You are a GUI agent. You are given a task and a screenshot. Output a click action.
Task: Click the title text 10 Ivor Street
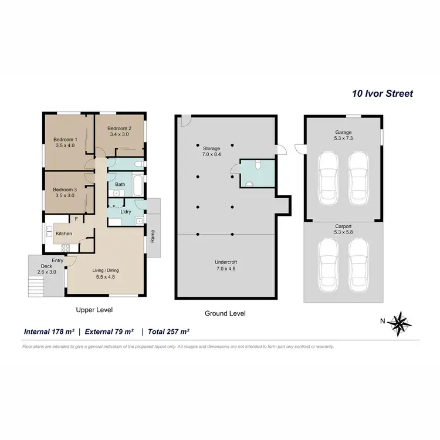[382, 93]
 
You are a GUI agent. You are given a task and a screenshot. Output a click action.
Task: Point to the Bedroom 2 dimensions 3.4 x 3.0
[119, 134]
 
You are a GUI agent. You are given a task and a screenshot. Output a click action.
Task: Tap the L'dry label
[126, 211]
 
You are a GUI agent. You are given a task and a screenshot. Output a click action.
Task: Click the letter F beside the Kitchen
[76, 219]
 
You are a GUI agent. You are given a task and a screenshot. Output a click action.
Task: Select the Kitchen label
[63, 233]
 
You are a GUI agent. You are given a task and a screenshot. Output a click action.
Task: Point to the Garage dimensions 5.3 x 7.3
[343, 138]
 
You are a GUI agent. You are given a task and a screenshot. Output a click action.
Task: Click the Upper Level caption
[94, 310]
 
